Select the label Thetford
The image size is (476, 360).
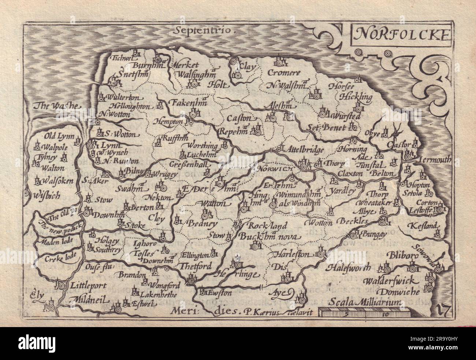point(196,266)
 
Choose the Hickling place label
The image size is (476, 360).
point(355,97)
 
